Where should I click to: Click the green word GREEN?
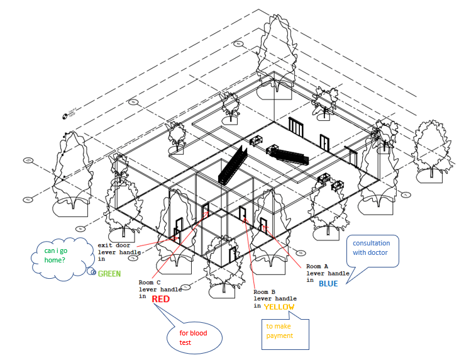[x=109, y=274]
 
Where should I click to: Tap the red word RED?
[x=160, y=299]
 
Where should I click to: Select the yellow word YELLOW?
[x=277, y=307]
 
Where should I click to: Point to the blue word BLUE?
[x=328, y=283]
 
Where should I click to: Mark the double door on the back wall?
[x=296, y=128]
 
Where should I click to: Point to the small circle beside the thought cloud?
[x=92, y=272]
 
